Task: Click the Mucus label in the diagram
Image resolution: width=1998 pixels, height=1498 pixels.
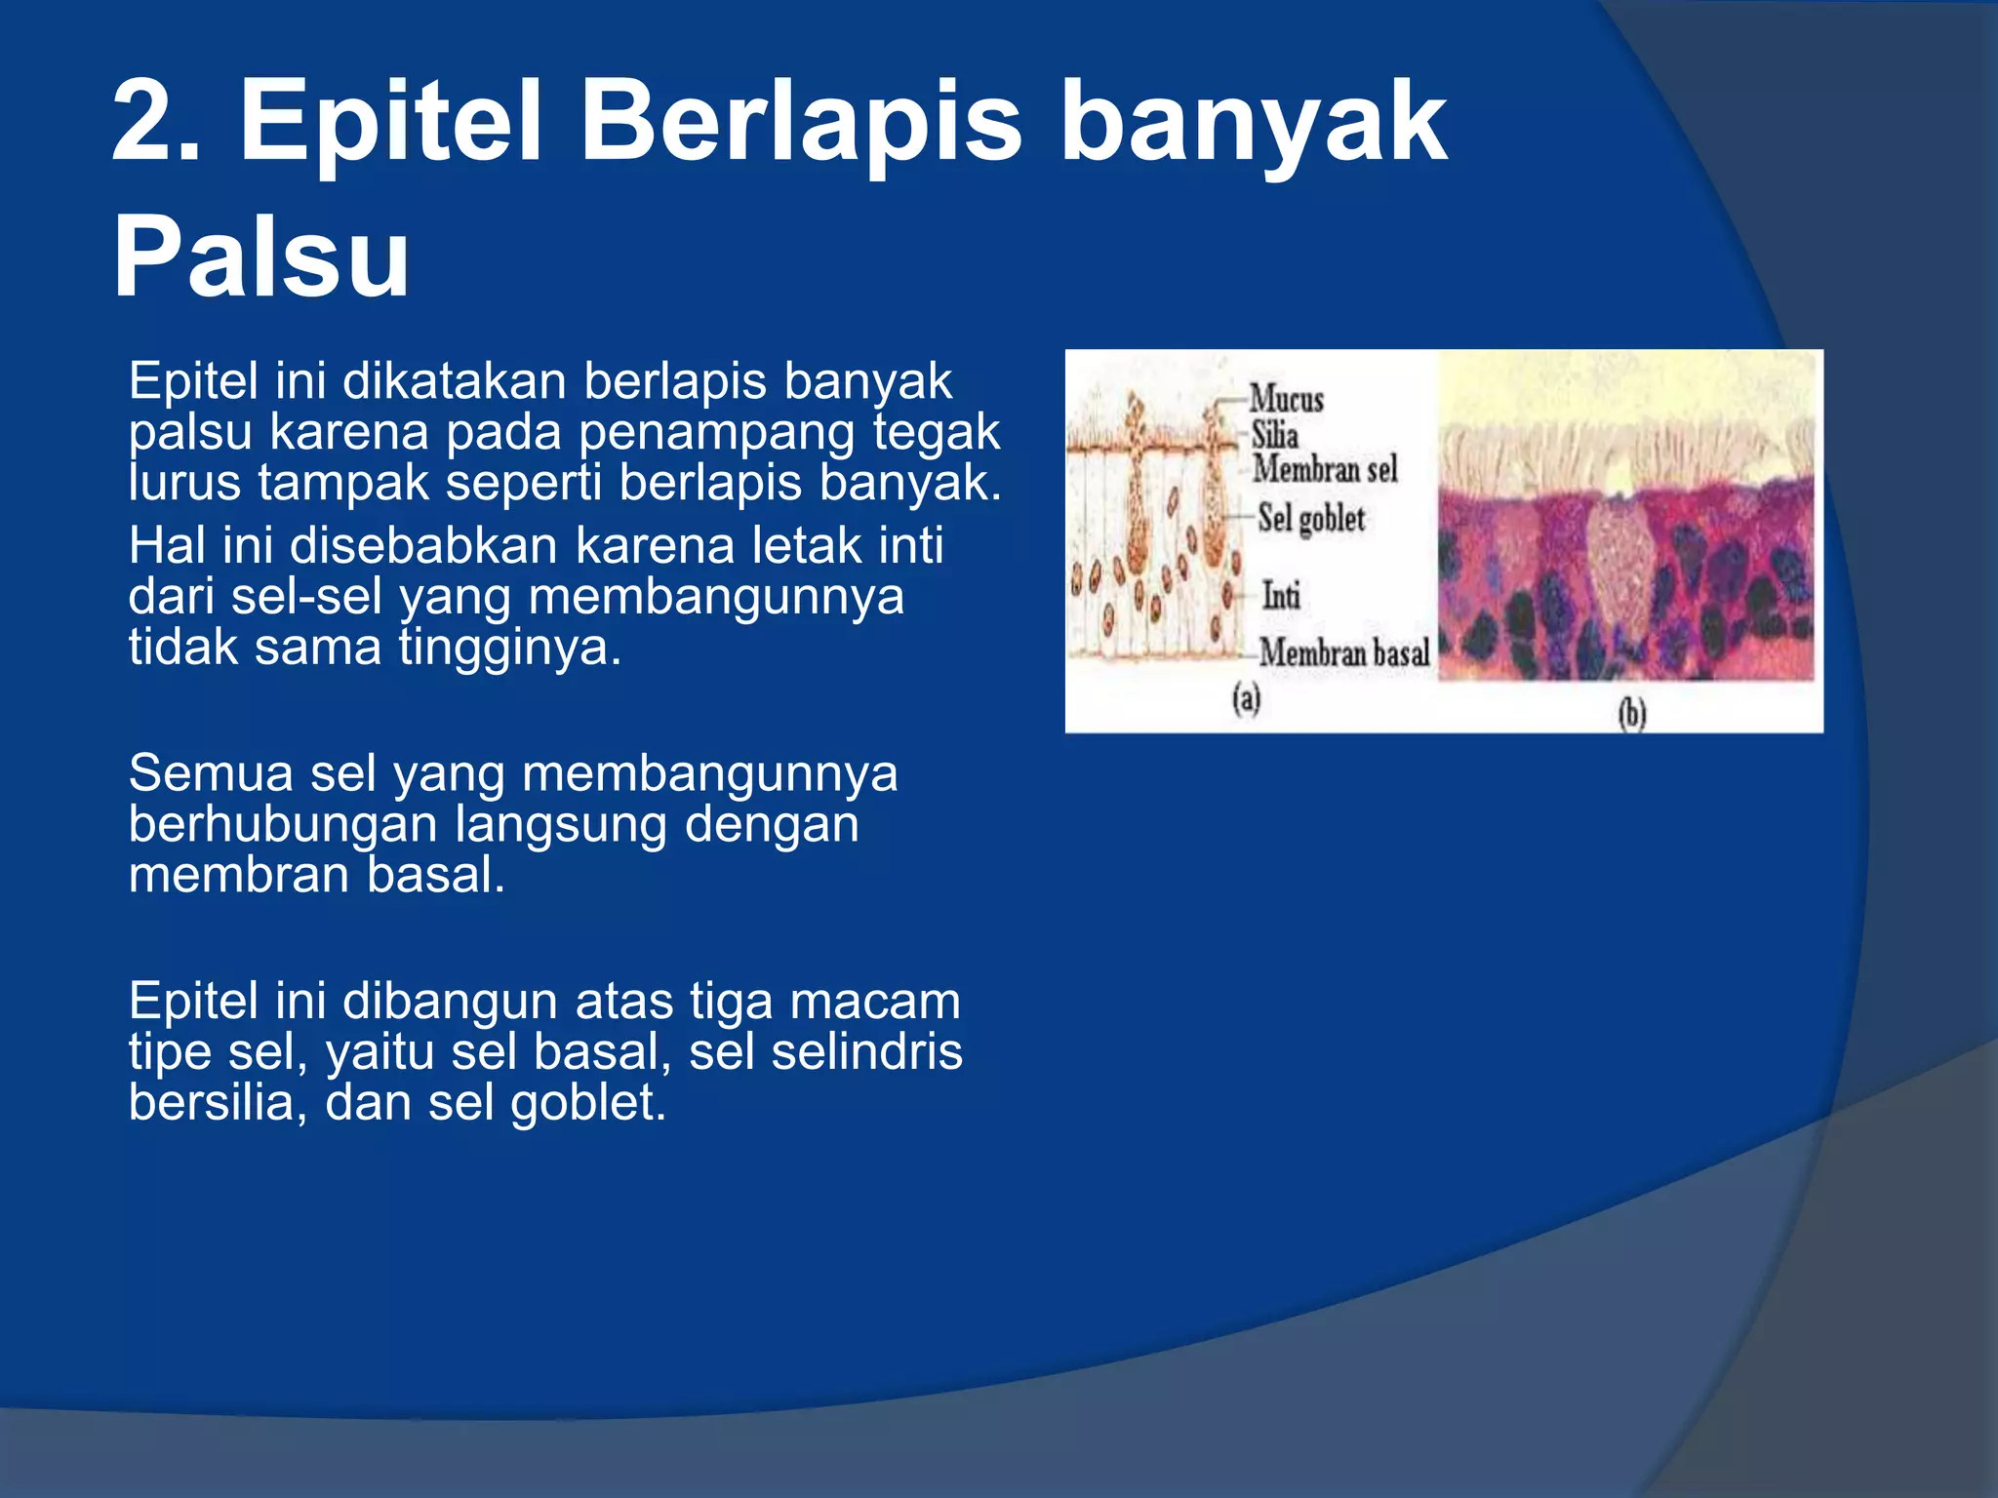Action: (1286, 399)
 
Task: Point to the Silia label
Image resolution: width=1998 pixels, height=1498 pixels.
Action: (1274, 435)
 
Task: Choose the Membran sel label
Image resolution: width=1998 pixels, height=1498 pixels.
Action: (1325, 469)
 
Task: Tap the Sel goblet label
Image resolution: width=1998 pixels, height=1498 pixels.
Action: (1311, 518)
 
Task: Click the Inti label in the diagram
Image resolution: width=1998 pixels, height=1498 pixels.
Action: (1281, 595)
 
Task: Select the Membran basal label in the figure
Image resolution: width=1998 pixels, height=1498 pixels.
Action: (1344, 652)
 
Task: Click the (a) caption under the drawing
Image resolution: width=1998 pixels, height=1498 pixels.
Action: (1247, 698)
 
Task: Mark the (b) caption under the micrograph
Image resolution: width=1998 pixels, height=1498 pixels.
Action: (1631, 714)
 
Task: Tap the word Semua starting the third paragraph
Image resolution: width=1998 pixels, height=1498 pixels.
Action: (211, 773)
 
